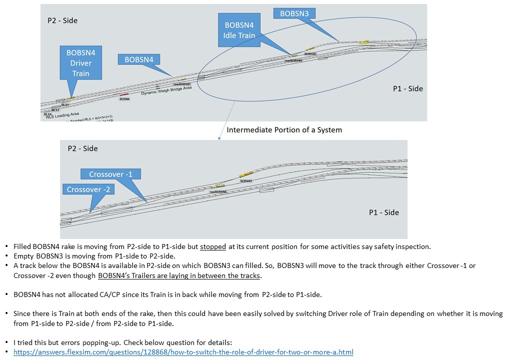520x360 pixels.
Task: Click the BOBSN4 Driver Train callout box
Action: [80, 62]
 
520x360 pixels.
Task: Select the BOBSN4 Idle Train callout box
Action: [239, 30]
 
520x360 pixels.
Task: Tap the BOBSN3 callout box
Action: [294, 13]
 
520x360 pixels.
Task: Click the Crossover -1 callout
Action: [110, 174]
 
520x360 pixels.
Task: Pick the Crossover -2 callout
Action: [88, 189]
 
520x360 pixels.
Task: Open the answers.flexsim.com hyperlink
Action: [183, 352]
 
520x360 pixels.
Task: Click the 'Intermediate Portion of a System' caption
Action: [284, 129]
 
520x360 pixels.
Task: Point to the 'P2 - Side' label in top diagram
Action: [62, 20]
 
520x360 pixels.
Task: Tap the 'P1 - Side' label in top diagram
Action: [407, 88]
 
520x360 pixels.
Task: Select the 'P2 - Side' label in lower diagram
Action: [82, 148]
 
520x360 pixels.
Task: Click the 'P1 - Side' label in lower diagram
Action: [384, 212]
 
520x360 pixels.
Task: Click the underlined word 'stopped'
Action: [213, 246]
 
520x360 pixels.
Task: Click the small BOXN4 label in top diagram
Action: [124, 99]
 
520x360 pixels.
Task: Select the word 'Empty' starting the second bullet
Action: [24, 256]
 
